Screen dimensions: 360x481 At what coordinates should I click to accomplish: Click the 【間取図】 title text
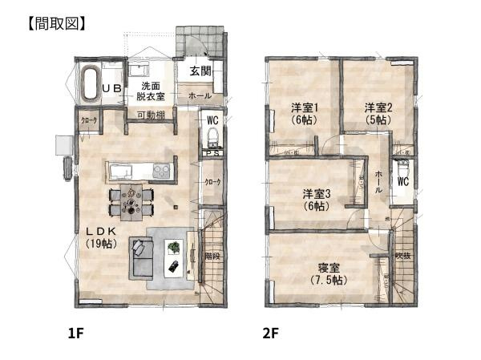click(x=50, y=23)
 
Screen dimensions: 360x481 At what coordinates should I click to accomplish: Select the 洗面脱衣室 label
click(x=150, y=91)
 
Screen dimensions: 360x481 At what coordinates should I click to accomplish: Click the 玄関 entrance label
click(x=200, y=71)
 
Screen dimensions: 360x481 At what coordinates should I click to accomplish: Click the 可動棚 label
click(x=151, y=115)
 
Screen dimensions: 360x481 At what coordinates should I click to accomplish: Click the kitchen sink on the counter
click(x=121, y=170)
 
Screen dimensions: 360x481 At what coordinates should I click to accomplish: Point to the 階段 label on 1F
click(x=212, y=257)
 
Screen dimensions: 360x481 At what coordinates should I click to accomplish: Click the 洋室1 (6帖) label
click(x=305, y=113)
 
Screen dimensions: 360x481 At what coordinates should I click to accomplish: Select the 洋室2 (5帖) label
click(x=378, y=113)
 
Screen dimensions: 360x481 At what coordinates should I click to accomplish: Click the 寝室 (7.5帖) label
click(x=329, y=273)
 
